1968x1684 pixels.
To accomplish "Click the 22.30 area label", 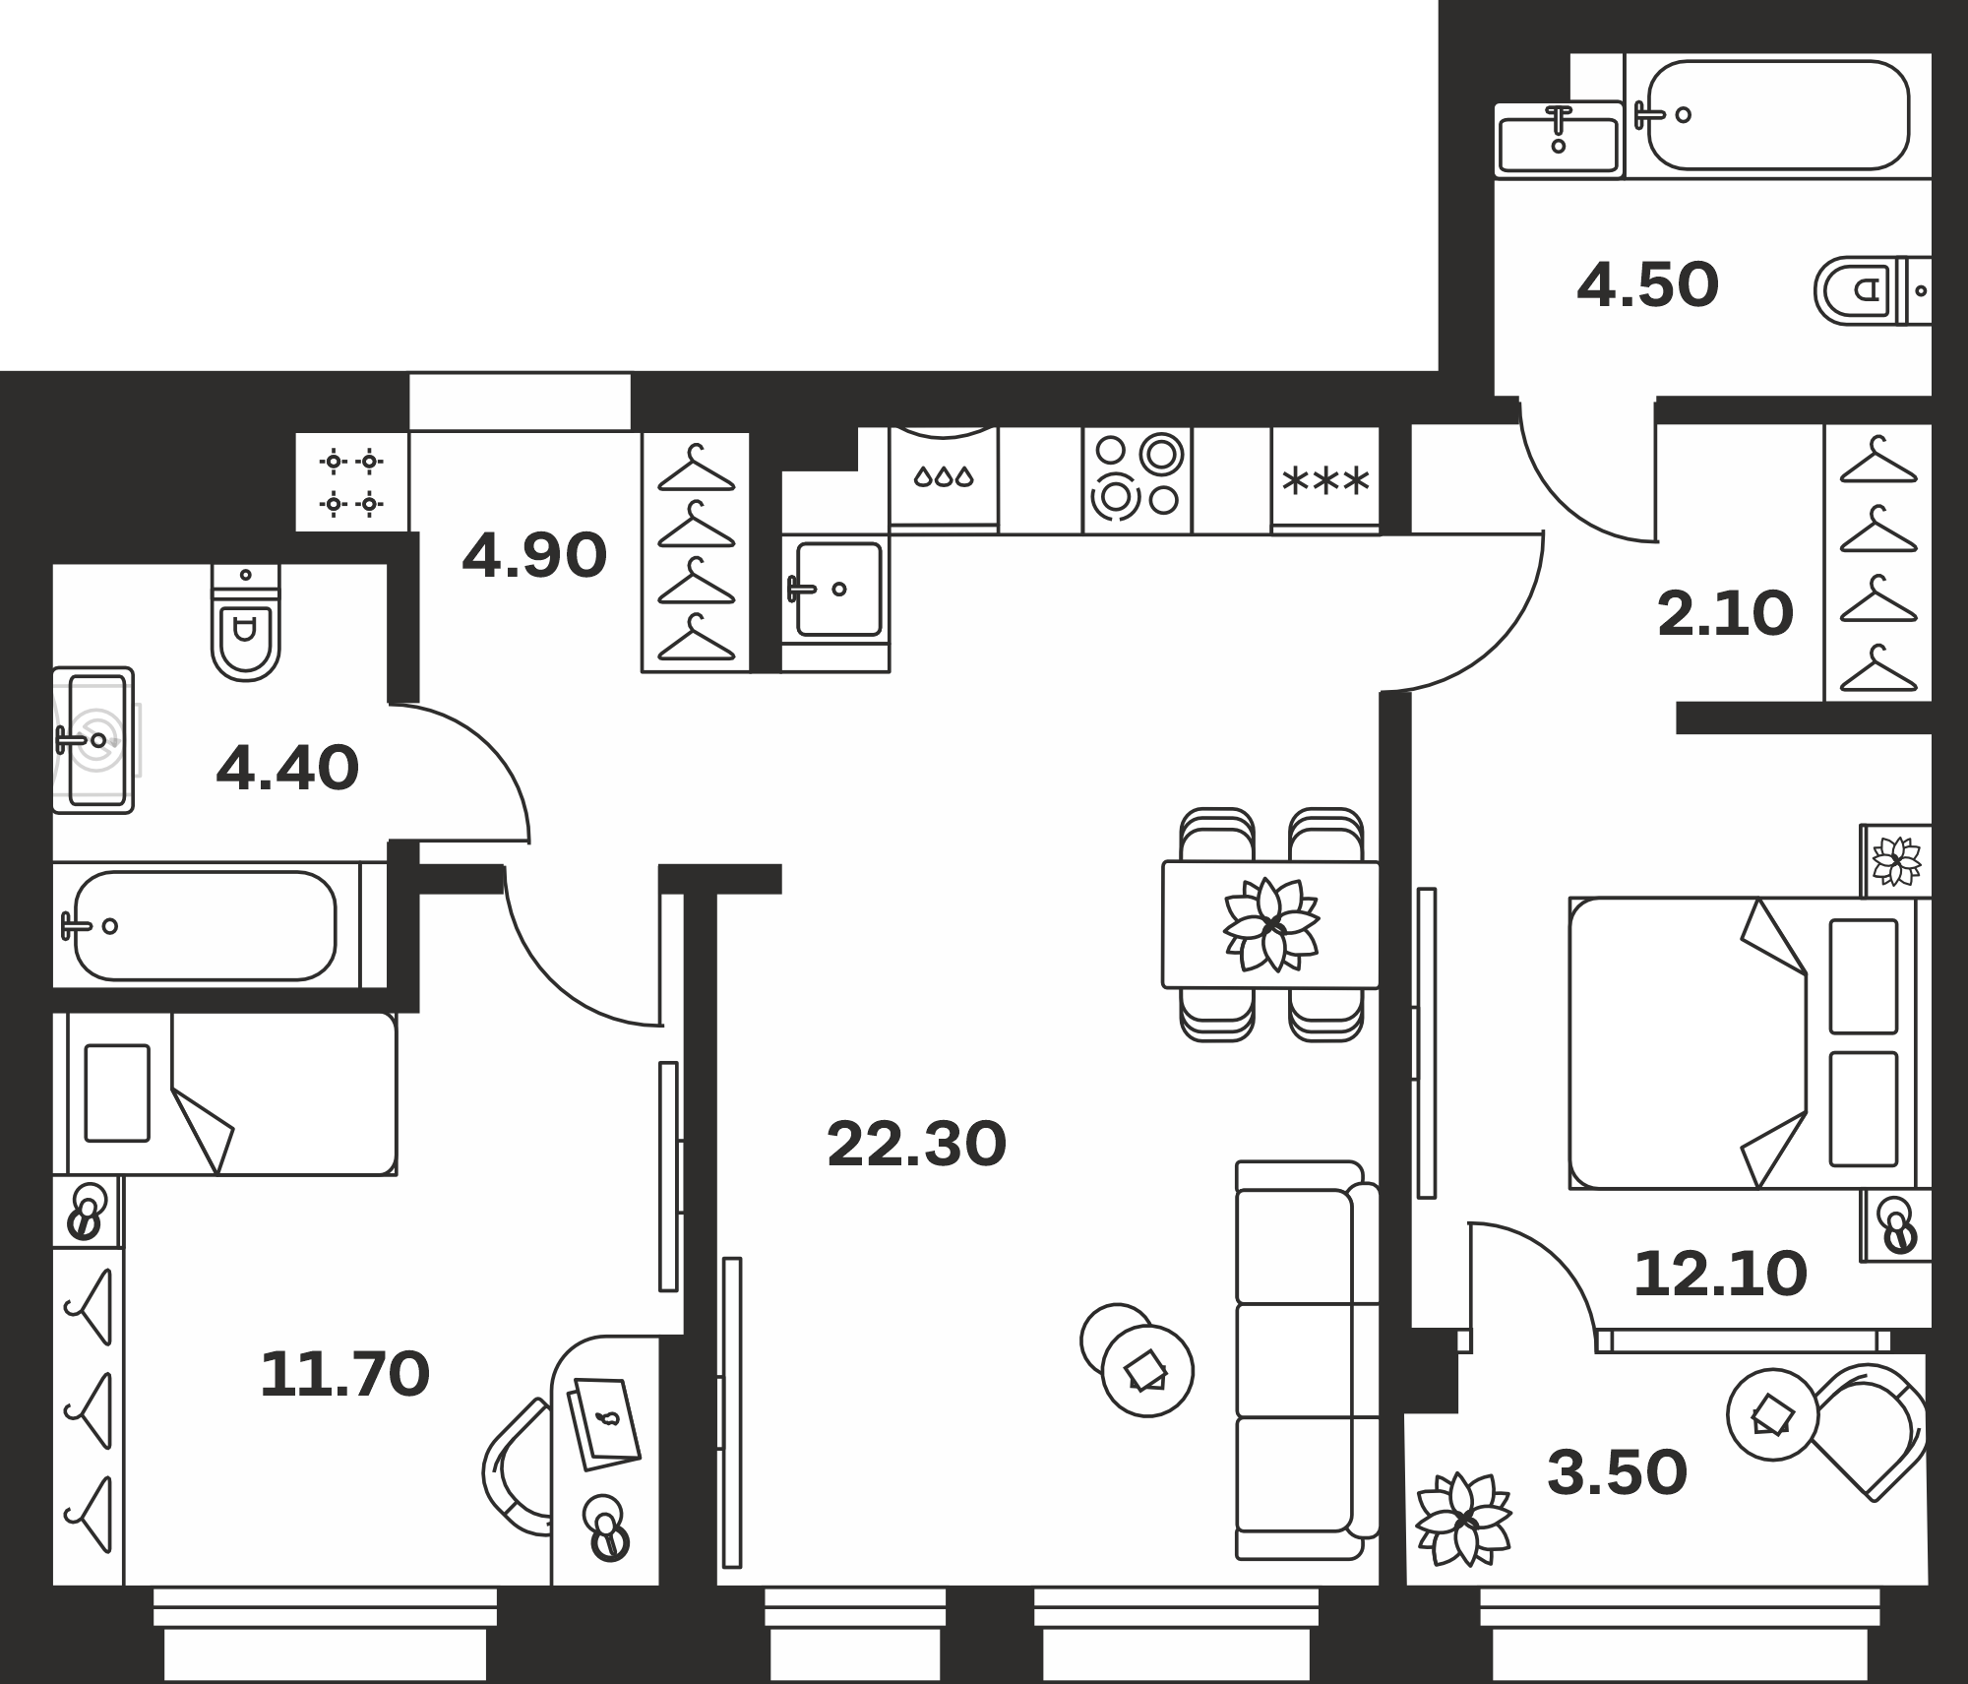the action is coord(917,1144).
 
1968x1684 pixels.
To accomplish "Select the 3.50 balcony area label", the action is coord(1617,1473).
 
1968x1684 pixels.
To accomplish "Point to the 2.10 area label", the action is coord(1725,613).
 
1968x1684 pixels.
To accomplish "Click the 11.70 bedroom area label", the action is coord(344,1374).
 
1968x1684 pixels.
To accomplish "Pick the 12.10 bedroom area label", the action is coord(1720,1274).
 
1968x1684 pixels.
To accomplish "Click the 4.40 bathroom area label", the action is coord(287,769).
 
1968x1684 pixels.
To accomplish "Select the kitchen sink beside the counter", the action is coord(836,590).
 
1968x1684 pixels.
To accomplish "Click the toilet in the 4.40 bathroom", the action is coord(246,623).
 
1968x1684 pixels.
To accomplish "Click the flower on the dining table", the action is coord(1271,923).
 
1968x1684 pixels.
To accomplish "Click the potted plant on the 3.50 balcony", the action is coord(1464,1519).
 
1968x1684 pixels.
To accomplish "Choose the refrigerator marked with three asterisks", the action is coord(1325,480).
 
